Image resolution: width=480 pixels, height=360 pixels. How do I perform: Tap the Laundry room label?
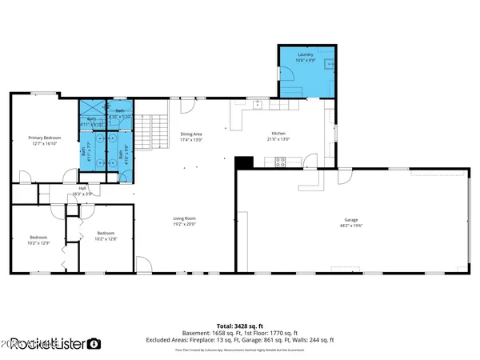(305, 54)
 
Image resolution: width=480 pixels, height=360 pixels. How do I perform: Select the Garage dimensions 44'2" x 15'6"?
(350, 226)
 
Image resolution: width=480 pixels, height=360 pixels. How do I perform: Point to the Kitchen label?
(278, 134)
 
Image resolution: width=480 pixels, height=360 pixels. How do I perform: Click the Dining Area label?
(190, 134)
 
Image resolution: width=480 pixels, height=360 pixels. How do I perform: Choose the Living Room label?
(185, 218)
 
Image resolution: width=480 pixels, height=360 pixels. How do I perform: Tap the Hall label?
(83, 188)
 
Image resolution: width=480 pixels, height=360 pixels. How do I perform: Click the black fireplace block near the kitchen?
(246, 162)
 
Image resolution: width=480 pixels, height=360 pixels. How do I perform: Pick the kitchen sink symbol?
(258, 104)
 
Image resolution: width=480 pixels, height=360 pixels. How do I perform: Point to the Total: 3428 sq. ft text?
(240, 326)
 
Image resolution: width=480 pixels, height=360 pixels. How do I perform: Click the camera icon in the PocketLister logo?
(94, 344)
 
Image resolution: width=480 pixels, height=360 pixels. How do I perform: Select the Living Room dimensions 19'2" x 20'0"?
(185, 224)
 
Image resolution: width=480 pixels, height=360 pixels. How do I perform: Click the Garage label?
(350, 220)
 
